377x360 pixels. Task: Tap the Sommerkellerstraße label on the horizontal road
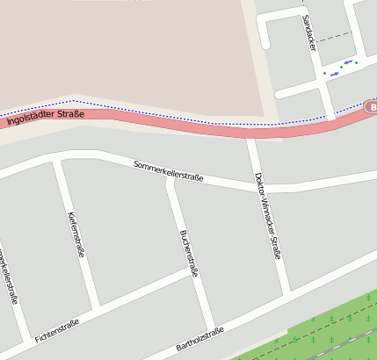point(169,170)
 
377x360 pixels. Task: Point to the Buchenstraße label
point(188,252)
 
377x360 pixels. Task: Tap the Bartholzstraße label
point(199,339)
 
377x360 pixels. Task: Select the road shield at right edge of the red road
point(370,107)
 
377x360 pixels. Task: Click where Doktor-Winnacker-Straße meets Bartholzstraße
point(285,292)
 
